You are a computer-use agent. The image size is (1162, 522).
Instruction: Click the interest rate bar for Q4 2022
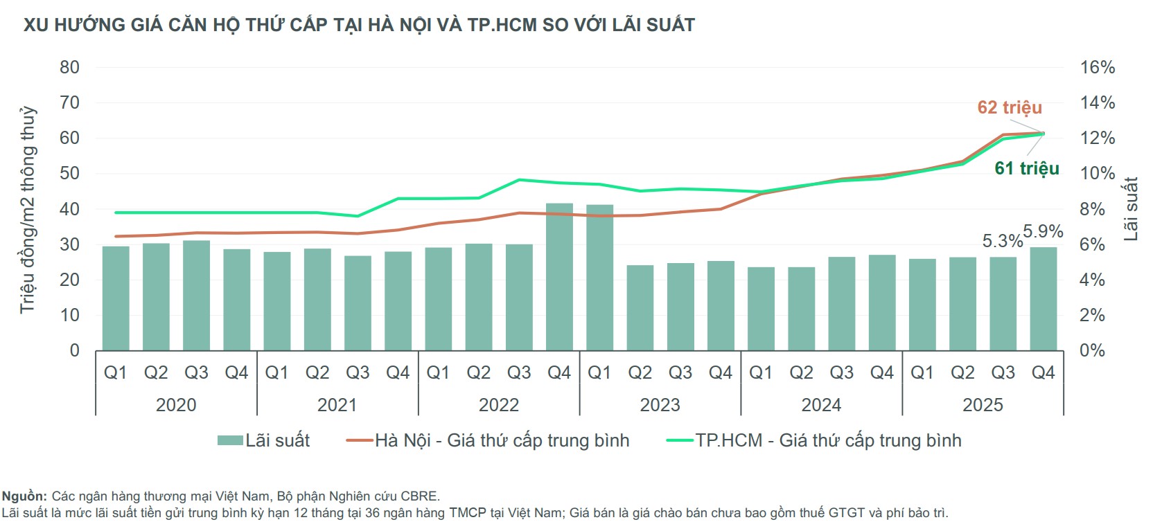pos(559,277)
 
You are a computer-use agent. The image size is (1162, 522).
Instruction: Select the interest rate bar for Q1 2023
pos(599,278)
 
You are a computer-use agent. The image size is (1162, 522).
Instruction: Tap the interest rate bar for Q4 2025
pos(1043,298)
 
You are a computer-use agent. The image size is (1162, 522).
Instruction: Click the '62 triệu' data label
pos(1010,107)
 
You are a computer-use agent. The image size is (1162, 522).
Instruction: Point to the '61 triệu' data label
pos(1027,168)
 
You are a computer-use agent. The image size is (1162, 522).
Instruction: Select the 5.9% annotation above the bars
pos(1043,231)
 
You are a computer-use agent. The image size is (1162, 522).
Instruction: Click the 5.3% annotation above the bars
pos(1002,241)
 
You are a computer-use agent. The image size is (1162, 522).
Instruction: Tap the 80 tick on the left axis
pos(69,67)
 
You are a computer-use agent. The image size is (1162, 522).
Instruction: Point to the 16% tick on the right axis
pos(1098,67)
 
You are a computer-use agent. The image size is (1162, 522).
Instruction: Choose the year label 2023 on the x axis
pos(660,405)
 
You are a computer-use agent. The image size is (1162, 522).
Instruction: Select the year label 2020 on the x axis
pos(176,405)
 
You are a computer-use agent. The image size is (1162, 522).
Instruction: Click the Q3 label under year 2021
pos(358,373)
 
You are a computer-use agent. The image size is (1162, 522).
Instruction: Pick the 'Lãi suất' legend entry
pos(264,440)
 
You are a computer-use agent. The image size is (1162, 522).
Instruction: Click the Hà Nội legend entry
pos(488,440)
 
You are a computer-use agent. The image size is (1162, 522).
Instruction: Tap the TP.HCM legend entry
pos(814,440)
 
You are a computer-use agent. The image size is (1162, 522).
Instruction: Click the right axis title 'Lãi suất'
pos(1131,209)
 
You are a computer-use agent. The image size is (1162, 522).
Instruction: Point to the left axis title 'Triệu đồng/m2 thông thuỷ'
pos(28,209)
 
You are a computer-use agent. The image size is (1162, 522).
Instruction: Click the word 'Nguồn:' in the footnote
pos(24,496)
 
